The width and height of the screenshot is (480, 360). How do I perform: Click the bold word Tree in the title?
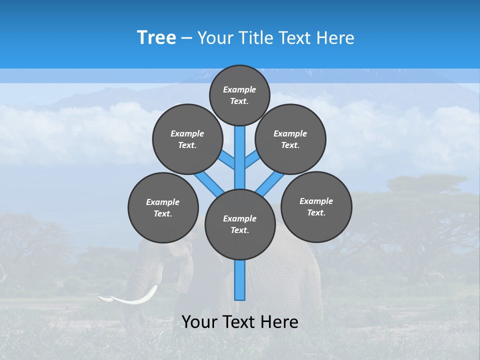156,37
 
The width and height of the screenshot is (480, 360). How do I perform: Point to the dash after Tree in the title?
186,38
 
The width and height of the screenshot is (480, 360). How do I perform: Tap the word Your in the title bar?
215,38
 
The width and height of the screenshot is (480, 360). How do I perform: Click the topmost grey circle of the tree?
239,95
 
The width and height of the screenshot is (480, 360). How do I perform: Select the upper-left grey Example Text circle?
187,139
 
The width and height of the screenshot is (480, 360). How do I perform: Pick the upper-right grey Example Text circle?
290,139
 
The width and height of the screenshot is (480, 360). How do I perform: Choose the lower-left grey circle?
163,207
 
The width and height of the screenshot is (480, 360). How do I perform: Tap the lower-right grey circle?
316,206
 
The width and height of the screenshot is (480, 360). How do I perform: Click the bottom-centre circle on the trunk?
240,224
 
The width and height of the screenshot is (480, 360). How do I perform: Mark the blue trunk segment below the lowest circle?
240,280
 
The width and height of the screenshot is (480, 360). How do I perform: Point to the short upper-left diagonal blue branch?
227,159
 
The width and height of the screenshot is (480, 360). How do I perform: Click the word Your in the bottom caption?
199,322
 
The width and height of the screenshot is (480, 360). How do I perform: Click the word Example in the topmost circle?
239,89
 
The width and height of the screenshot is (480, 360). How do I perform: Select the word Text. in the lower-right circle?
316,212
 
